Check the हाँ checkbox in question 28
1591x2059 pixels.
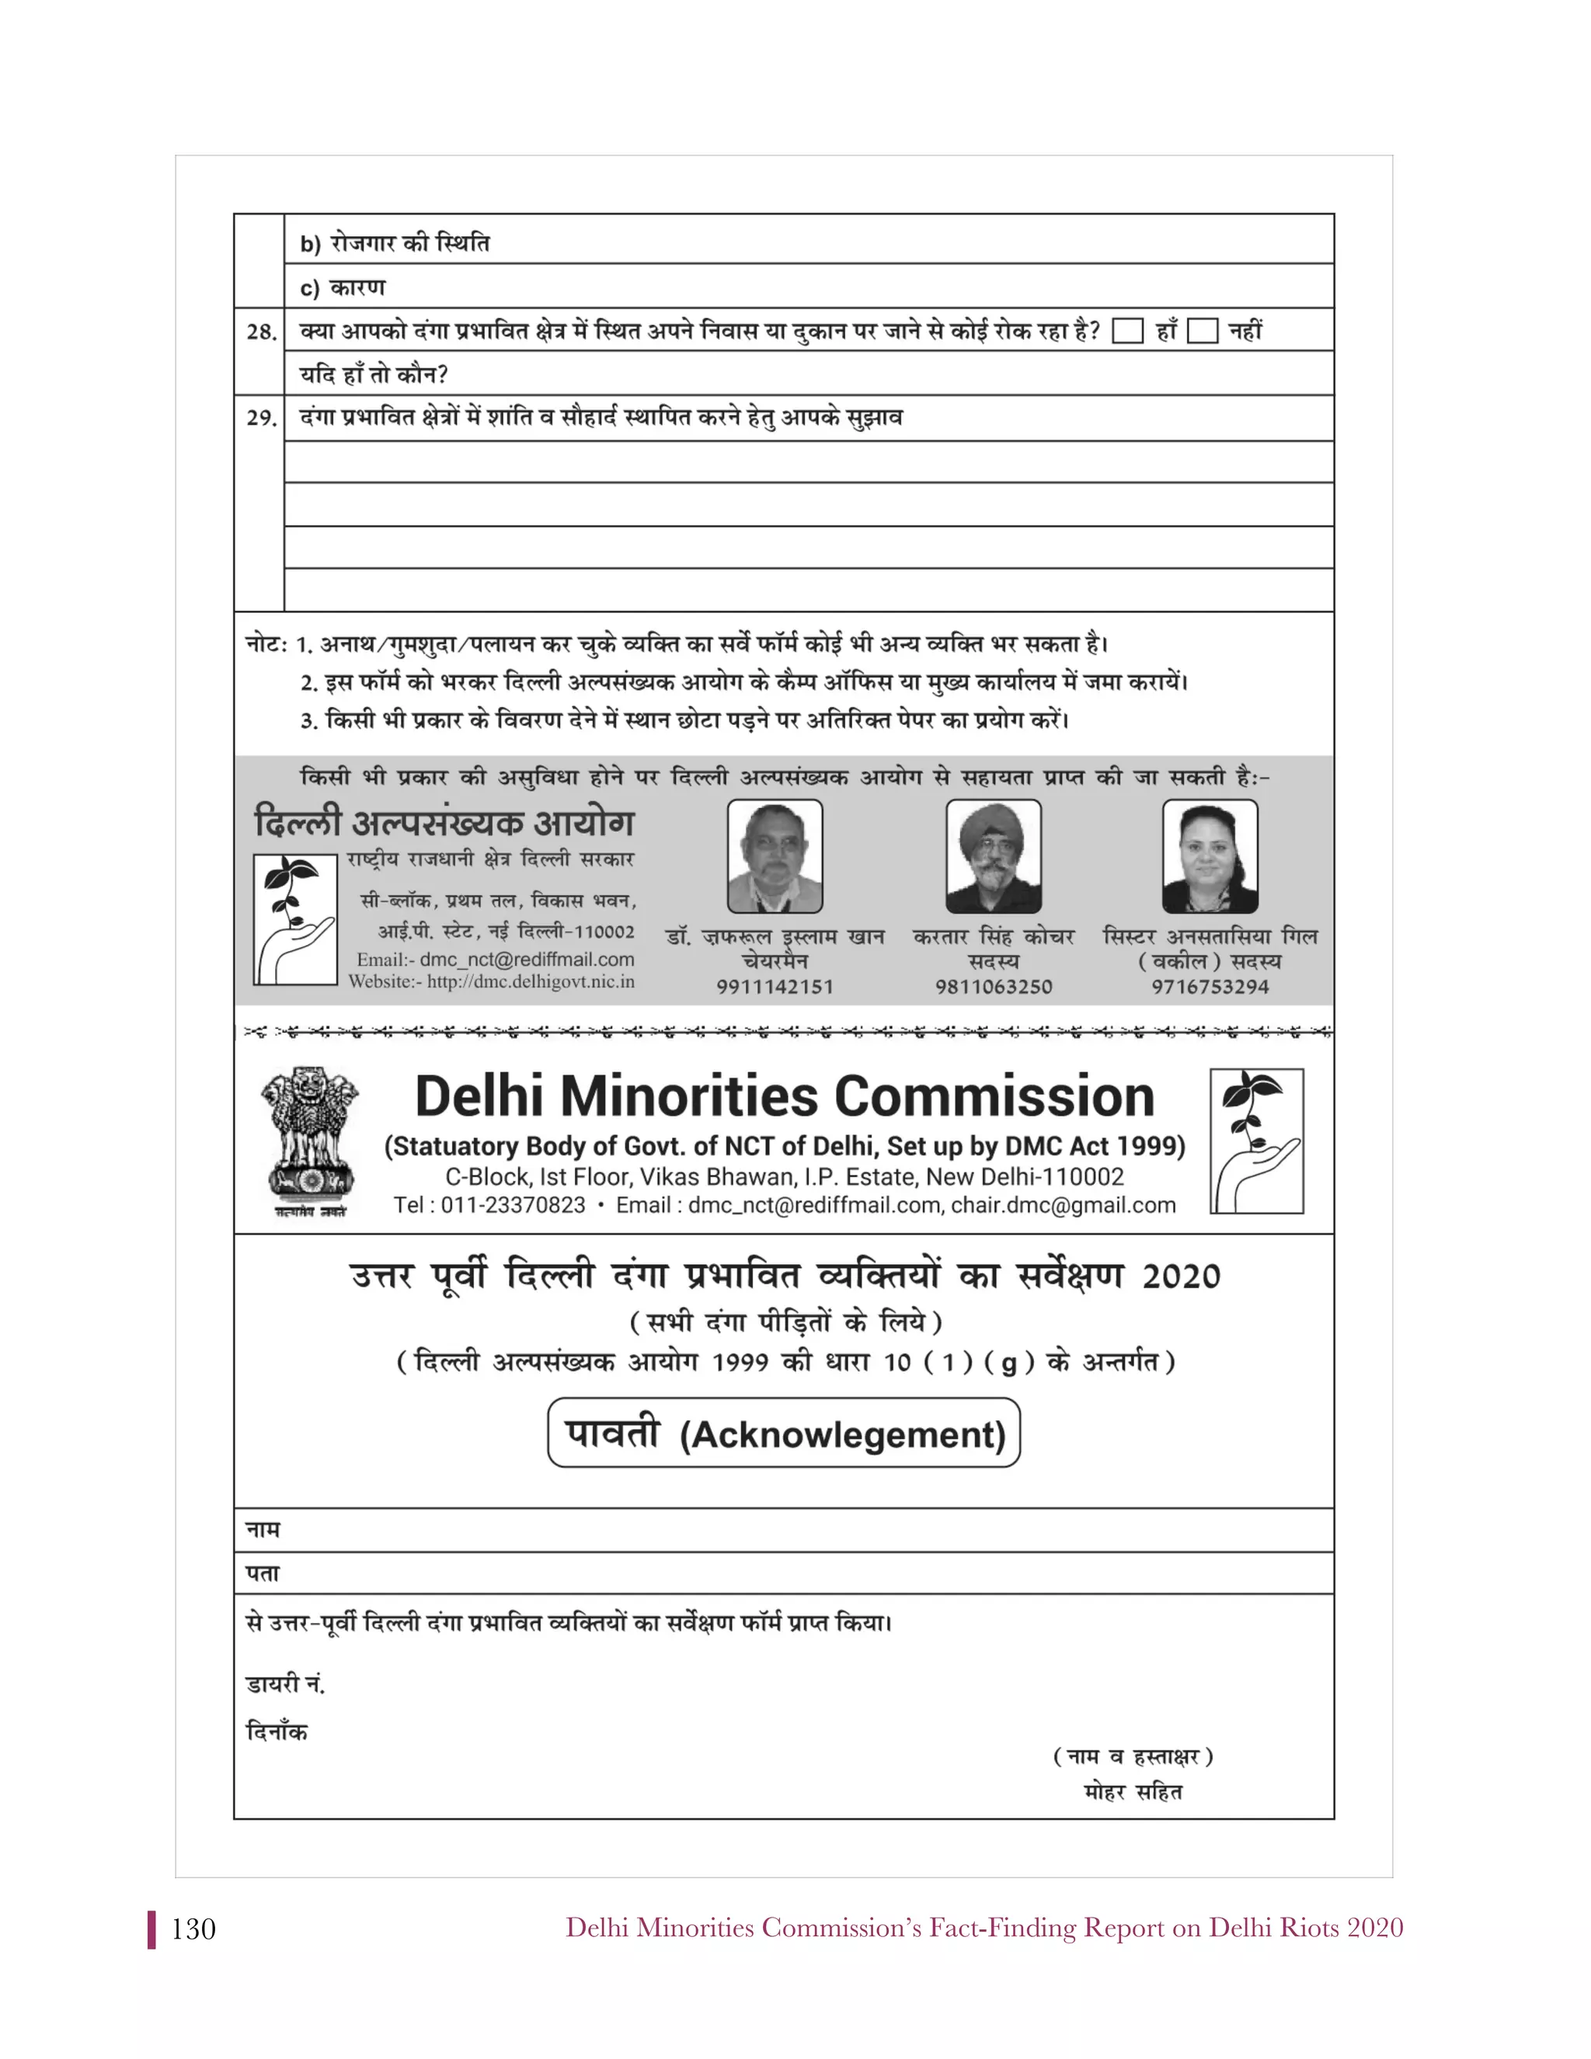tap(1127, 331)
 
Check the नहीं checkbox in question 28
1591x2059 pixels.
tap(1202, 331)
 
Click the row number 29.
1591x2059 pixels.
tap(261, 418)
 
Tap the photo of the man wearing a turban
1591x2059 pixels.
tap(994, 856)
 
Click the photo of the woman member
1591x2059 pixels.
tap(1210, 856)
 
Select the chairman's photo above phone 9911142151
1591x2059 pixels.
tap(775, 856)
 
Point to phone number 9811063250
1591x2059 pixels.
tap(994, 987)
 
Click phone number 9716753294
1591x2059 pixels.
tap(1210, 987)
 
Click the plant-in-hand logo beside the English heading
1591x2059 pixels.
tap(1256, 1141)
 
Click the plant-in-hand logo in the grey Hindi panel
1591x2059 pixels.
tap(295, 919)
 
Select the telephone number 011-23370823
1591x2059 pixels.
tap(513, 1205)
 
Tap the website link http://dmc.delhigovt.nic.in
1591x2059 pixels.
tap(530, 981)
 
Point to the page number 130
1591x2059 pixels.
tap(193, 1930)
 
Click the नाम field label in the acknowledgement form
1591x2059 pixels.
tap(263, 1529)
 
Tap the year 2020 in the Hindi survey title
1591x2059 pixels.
tap(1181, 1277)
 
